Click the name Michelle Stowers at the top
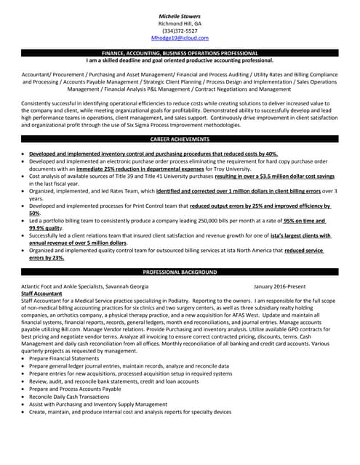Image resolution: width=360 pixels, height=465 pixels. click(x=180, y=15)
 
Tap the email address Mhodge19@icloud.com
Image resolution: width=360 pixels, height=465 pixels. click(x=180, y=38)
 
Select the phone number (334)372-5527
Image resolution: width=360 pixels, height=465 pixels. click(x=180, y=31)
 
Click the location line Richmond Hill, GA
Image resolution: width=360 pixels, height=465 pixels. click(x=180, y=23)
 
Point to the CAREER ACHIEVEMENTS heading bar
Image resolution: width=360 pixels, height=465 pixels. click(x=180, y=139)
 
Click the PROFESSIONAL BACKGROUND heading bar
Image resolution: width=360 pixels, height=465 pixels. click(x=180, y=272)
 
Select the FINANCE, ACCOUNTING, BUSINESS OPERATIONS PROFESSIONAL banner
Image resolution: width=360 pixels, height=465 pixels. click(x=180, y=54)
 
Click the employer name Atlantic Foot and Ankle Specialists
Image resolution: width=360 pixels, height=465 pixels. click(x=63, y=286)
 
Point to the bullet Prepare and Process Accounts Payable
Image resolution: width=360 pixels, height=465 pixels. click(x=76, y=389)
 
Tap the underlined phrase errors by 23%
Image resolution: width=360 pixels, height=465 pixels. click(x=46, y=257)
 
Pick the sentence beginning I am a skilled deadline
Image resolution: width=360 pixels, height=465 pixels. click(x=180, y=61)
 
